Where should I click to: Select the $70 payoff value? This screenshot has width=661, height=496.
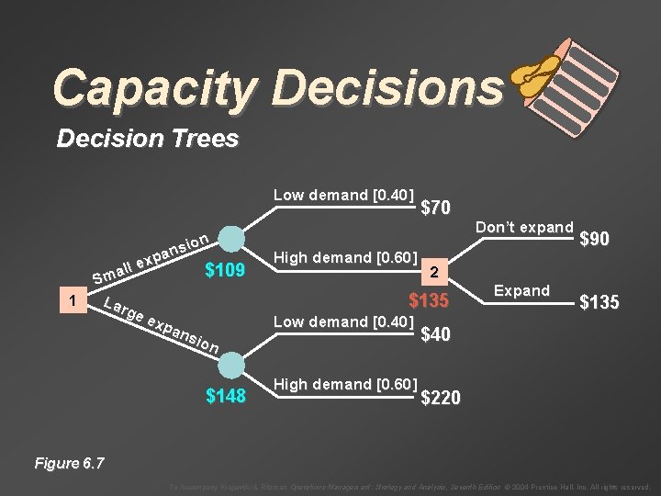click(434, 208)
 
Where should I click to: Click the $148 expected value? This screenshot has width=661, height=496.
click(226, 396)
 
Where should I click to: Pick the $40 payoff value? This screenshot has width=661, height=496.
click(435, 335)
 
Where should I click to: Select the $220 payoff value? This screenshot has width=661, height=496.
click(441, 398)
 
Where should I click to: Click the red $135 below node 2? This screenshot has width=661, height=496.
click(429, 300)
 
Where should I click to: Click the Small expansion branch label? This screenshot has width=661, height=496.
click(152, 256)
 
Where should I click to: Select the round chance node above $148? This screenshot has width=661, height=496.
click(230, 361)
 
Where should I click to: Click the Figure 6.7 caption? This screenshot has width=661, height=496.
click(69, 463)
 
